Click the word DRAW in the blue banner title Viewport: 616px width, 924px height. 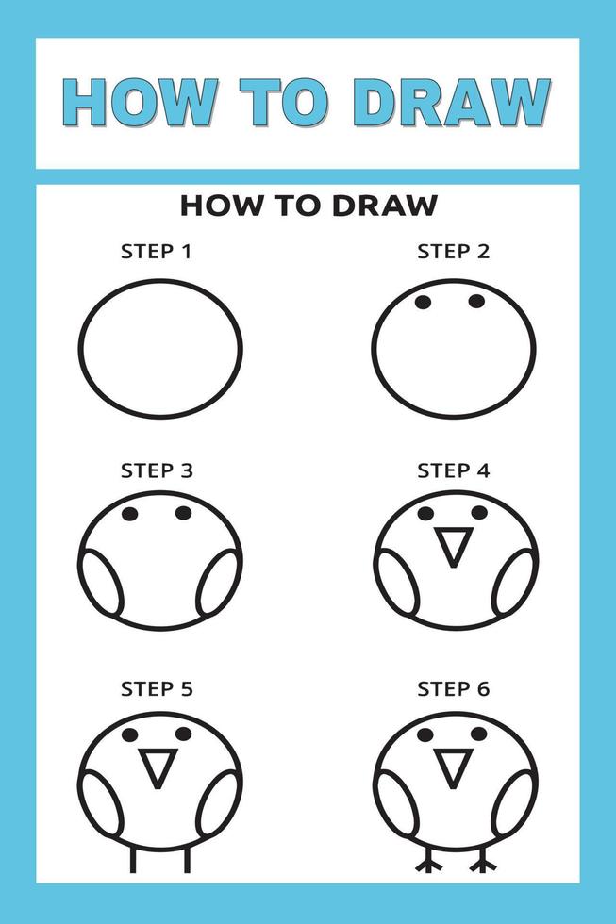point(457,102)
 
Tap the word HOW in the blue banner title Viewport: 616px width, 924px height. point(139,102)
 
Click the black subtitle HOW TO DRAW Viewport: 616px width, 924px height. point(308,205)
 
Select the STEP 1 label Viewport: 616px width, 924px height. point(157,252)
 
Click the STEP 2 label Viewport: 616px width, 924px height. point(454,252)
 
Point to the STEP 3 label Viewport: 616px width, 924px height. point(157,470)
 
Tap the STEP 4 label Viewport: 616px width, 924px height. point(454,470)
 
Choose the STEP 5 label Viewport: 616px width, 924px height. point(157,689)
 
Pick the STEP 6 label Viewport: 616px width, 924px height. point(454,689)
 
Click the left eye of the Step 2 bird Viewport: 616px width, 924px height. point(424,302)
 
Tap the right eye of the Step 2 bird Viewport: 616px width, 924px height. point(476,301)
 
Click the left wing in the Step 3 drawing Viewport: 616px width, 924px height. point(101,582)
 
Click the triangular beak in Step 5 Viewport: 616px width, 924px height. point(157,767)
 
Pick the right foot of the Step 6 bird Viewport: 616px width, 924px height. point(483,864)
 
